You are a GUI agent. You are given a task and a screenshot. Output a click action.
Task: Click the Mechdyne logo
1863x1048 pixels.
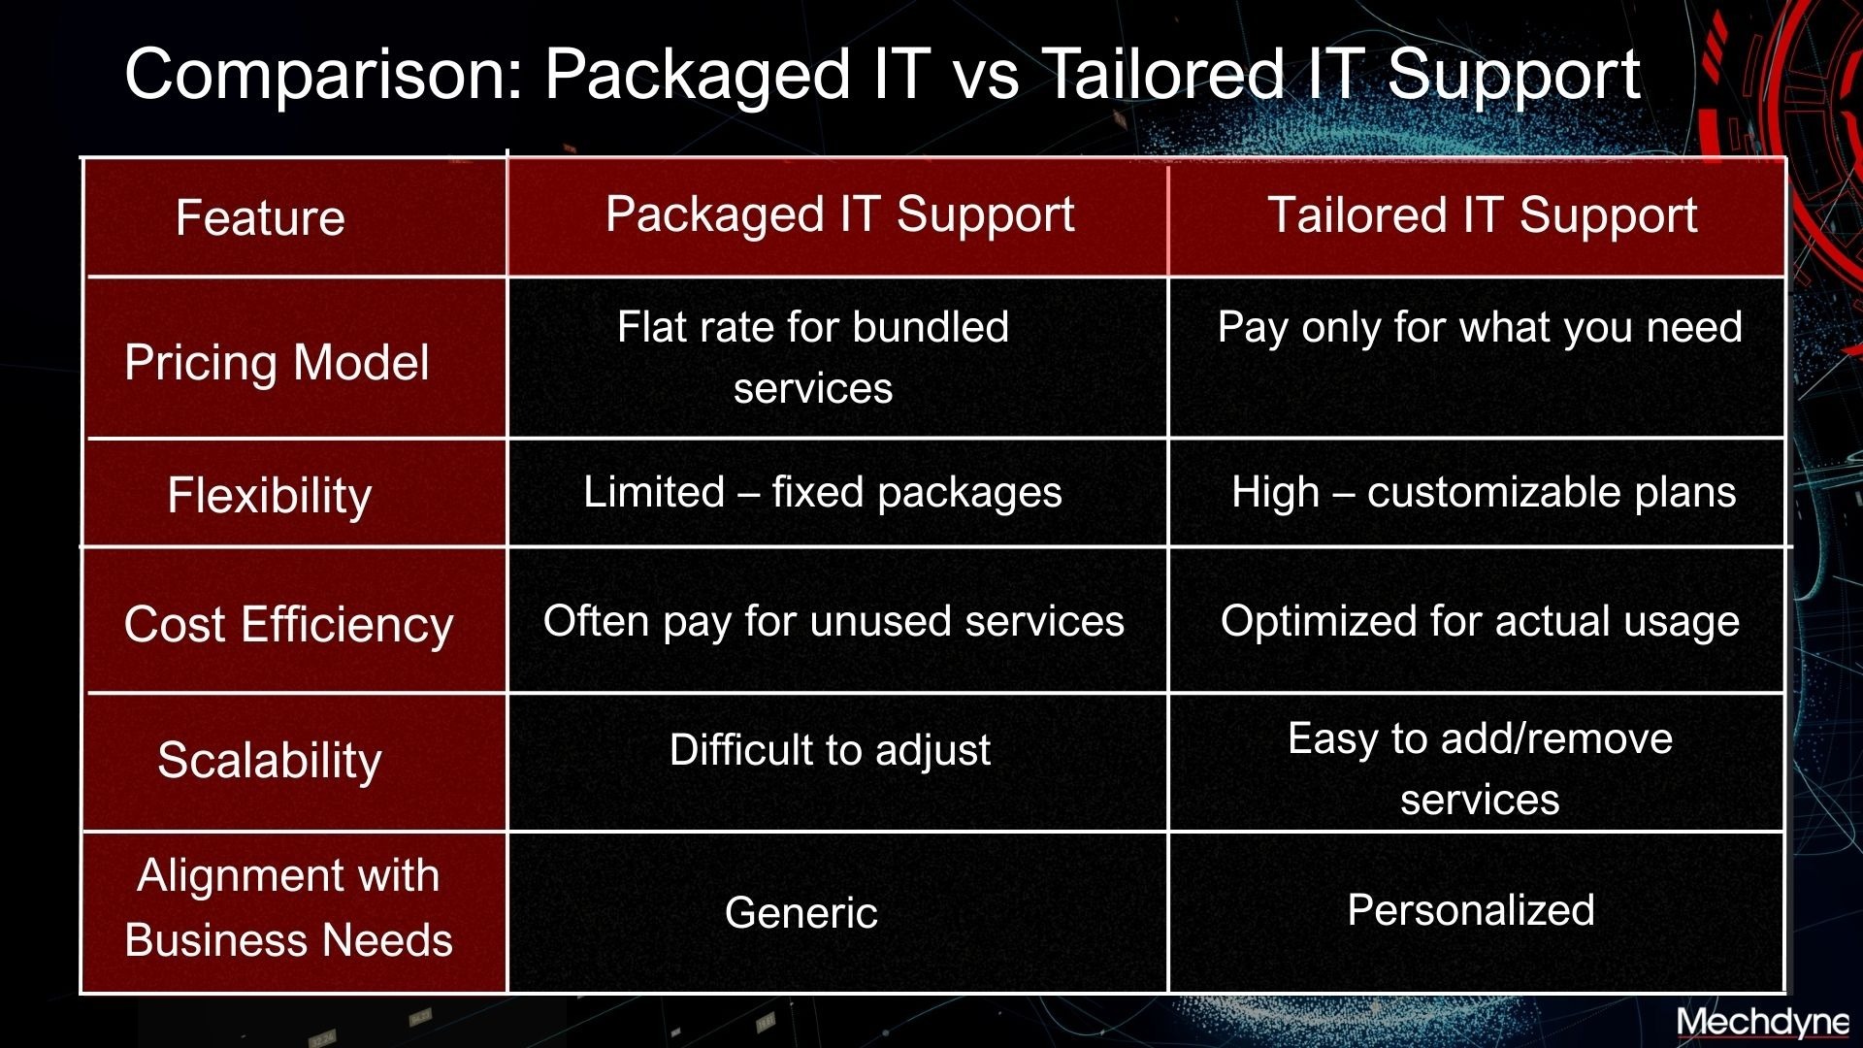(1763, 1023)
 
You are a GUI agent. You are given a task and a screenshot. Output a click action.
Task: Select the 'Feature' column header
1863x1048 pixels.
(260, 217)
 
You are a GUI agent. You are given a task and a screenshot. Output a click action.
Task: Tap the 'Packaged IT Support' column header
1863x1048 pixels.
(839, 215)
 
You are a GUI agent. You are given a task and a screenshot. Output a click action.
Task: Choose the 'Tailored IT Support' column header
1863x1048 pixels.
(1483, 215)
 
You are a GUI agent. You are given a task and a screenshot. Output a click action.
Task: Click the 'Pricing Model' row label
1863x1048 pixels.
(277, 363)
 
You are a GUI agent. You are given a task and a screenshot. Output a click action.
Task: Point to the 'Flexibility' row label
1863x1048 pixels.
(270, 496)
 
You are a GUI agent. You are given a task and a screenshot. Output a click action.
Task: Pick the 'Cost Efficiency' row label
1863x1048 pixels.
(288, 624)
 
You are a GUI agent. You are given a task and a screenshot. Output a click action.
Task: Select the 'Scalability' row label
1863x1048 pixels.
(270, 760)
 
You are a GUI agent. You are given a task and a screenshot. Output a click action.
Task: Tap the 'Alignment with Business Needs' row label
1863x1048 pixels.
(288, 907)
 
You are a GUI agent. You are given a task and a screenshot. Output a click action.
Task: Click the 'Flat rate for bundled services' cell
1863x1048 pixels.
(813, 357)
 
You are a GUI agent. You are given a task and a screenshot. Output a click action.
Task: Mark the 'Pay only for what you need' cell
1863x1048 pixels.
(1480, 328)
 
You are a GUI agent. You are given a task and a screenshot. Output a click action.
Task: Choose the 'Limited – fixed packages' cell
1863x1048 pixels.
(823, 493)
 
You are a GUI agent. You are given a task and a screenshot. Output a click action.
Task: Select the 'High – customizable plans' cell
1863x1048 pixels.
(1484, 493)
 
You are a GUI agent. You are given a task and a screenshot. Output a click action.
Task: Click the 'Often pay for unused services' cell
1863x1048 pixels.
(833, 621)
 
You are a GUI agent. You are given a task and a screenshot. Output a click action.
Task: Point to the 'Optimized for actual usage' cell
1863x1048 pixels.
(1480, 622)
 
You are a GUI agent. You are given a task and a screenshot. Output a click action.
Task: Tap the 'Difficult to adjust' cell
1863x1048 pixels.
(830, 750)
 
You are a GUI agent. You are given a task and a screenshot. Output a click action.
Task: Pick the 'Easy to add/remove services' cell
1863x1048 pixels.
(1480, 769)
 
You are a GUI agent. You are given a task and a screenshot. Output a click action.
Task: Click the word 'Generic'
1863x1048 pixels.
(801, 913)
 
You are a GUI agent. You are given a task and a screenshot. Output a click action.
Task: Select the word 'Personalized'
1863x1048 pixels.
(1471, 910)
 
